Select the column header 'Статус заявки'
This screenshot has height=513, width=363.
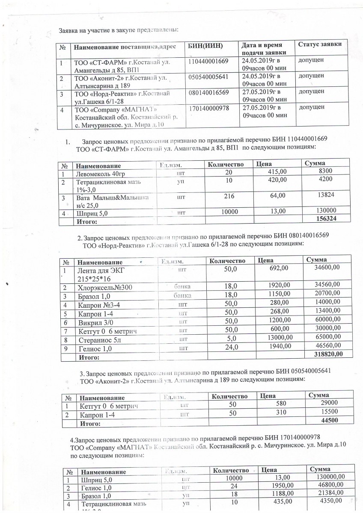(319, 45)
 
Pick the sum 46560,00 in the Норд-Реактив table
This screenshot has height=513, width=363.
(327, 346)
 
